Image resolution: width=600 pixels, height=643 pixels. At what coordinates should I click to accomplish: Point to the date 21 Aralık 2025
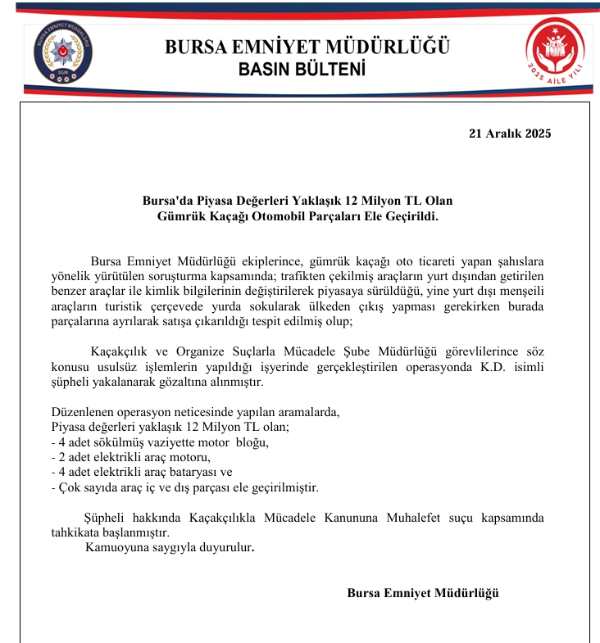pos(510,134)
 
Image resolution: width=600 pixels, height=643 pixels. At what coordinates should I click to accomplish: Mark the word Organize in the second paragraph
pos(180,352)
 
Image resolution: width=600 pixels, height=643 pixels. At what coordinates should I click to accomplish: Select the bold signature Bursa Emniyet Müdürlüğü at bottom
pos(423,593)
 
